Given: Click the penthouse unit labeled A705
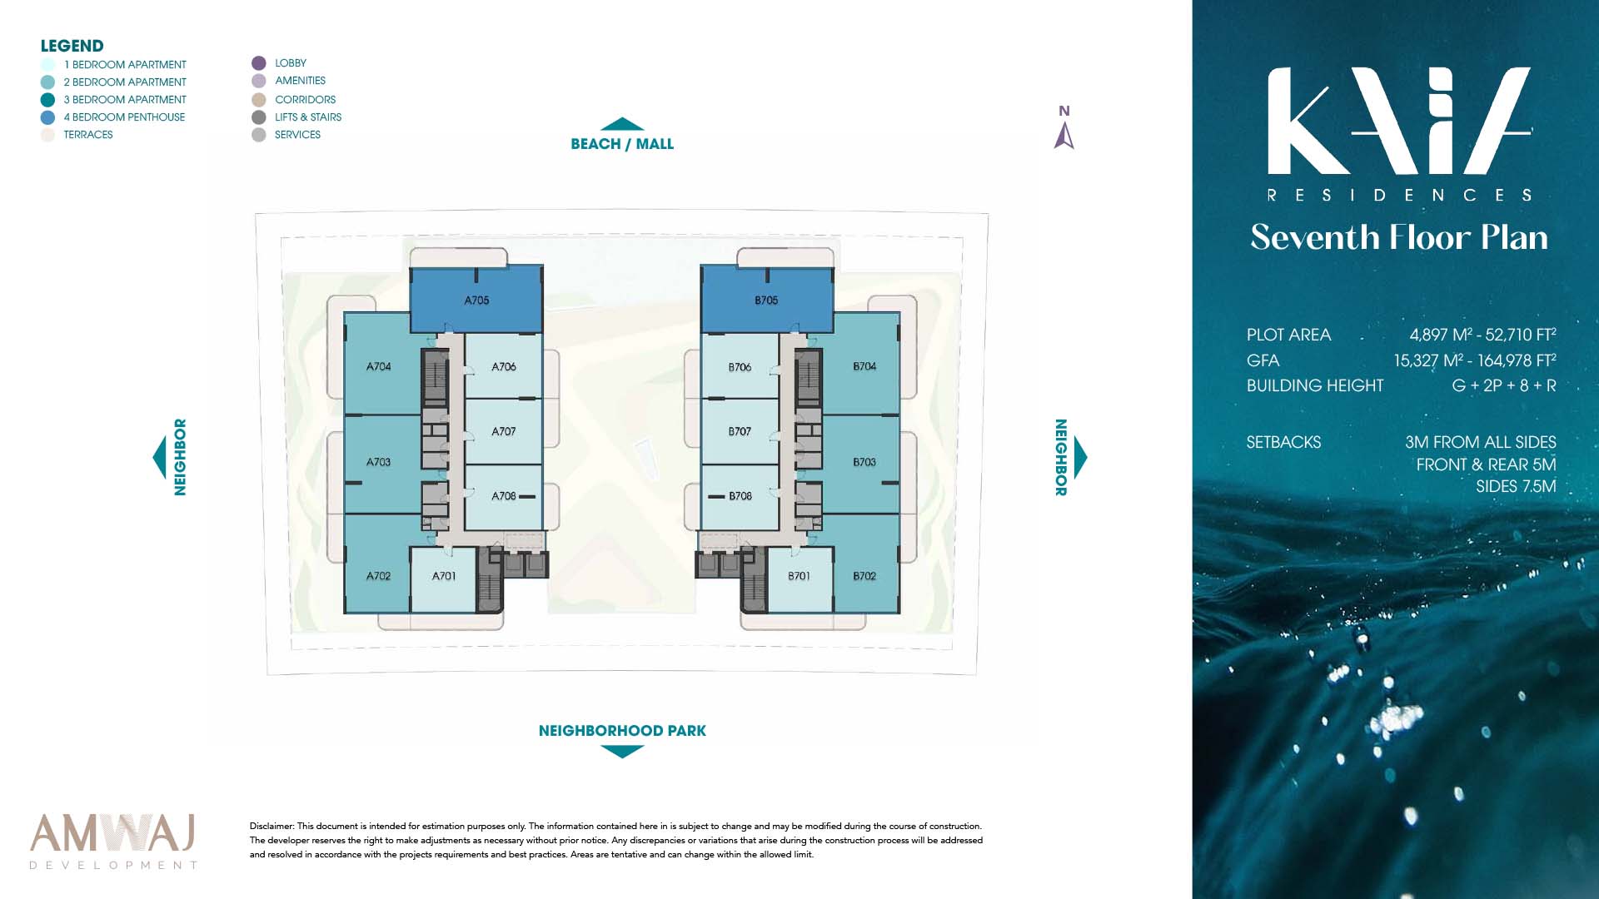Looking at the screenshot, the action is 476,300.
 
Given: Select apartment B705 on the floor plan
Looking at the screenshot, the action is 766,300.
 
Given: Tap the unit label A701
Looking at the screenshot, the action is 444,576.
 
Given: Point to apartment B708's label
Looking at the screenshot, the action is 740,496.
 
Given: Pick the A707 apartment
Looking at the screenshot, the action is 503,431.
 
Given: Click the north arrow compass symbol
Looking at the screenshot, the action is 1064,136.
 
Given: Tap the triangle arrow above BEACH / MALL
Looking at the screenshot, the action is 622,124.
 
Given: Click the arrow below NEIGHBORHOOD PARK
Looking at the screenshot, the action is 622,752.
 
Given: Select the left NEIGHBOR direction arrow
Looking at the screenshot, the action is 159,457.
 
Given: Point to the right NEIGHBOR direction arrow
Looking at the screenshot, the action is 1081,457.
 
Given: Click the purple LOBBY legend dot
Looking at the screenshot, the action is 259,63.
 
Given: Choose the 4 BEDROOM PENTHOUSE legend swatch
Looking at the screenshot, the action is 47,117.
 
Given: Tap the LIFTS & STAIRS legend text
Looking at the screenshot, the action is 308,117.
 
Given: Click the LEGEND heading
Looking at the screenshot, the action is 72,46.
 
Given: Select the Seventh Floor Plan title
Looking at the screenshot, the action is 1399,238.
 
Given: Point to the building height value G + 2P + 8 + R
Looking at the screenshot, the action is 1504,385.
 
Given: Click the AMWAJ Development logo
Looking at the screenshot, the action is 113,841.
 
